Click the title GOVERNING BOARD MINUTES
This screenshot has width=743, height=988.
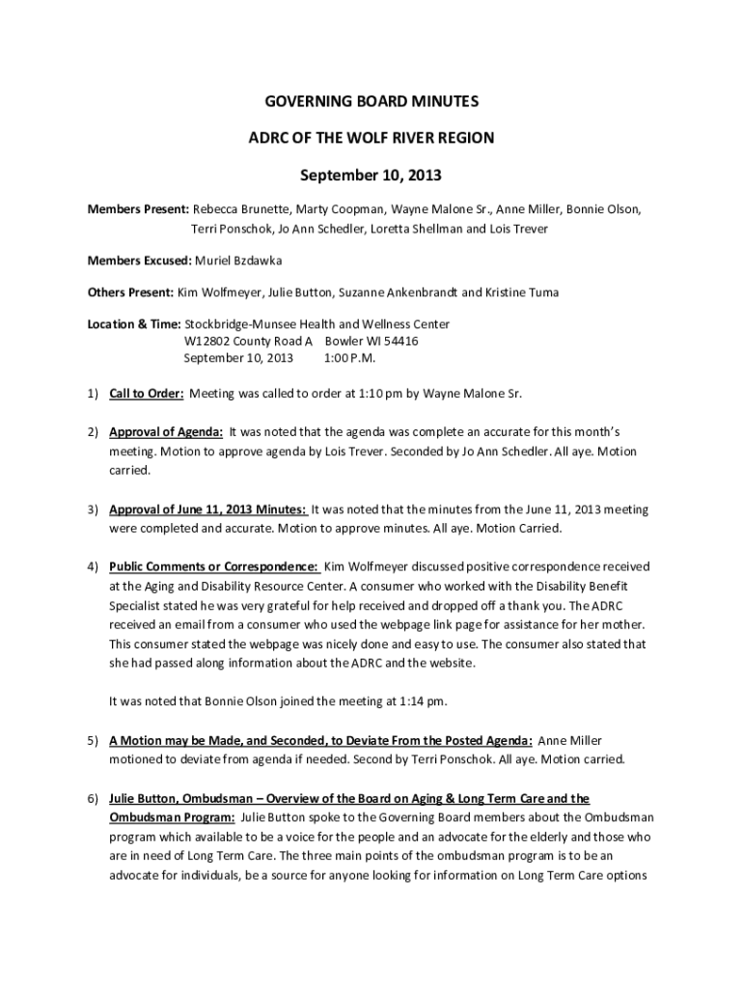pyautogui.click(x=371, y=101)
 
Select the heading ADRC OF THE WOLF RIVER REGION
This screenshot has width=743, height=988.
pyautogui.click(x=371, y=138)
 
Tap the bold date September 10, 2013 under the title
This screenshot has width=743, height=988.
pyautogui.click(x=371, y=176)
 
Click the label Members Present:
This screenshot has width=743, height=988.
pyautogui.click(x=138, y=208)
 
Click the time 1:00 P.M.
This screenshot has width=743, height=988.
pyautogui.click(x=350, y=357)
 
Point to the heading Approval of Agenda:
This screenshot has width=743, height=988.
pyautogui.click(x=166, y=431)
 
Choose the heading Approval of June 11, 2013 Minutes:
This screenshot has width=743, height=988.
pyautogui.click(x=207, y=508)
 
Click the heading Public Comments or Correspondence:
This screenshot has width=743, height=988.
pyautogui.click(x=213, y=566)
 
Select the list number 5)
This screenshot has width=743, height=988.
pyautogui.click(x=94, y=740)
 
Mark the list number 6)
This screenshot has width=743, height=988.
pyautogui.click(x=94, y=798)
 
